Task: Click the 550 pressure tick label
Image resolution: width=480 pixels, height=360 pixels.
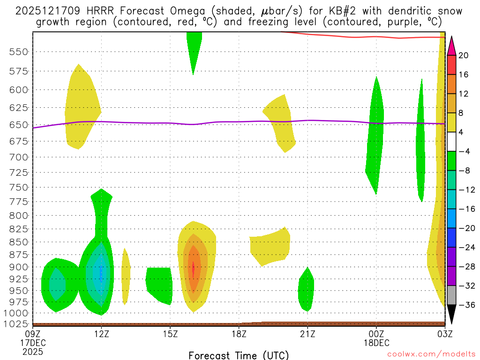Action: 18,52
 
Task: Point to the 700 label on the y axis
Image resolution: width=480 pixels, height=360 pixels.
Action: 18,157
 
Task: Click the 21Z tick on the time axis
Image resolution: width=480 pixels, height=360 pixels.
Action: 307,333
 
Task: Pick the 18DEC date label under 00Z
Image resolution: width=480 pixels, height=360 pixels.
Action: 376,343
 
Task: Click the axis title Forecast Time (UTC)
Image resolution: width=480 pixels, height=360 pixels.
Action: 239,355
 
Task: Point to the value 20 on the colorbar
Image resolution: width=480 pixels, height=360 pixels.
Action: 464,55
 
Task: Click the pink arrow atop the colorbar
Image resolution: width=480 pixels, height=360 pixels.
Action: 451,45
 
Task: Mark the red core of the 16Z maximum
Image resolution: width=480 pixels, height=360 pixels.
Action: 193,269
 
